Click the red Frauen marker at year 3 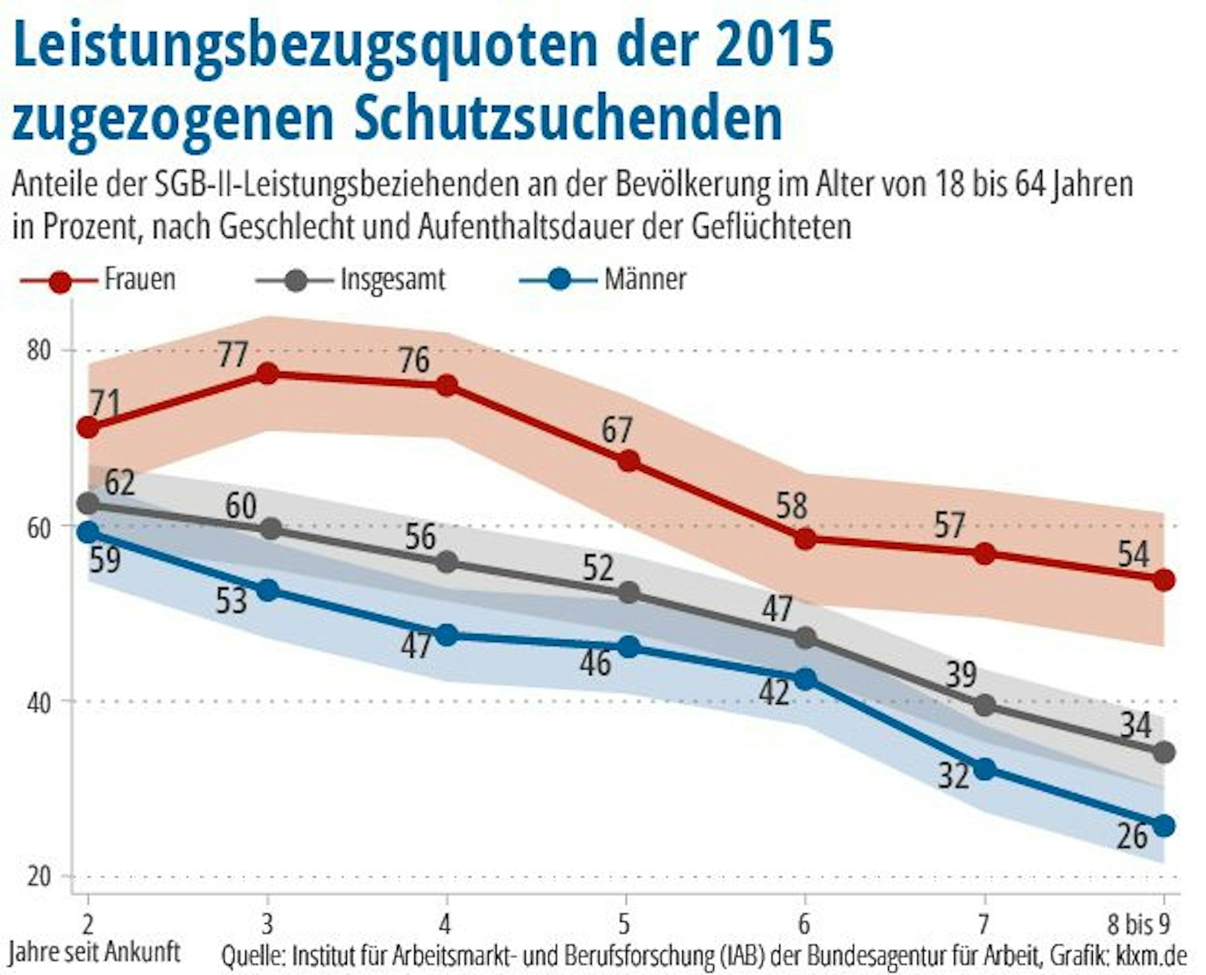pyautogui.click(x=267, y=375)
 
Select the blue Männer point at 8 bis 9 pyautogui.click(x=1164, y=826)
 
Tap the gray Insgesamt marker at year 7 pyautogui.click(x=985, y=705)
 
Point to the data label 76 pyautogui.click(x=414, y=360)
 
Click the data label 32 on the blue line pyautogui.click(x=953, y=776)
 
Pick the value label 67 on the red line pyautogui.click(x=616, y=431)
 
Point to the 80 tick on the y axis pyautogui.click(x=39, y=351)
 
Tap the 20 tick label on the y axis pyautogui.click(x=39, y=876)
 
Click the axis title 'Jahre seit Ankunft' pyautogui.click(x=95, y=952)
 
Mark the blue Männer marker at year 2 pyautogui.click(x=89, y=532)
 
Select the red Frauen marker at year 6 pyautogui.click(x=805, y=539)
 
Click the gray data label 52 pyautogui.click(x=598, y=568)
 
